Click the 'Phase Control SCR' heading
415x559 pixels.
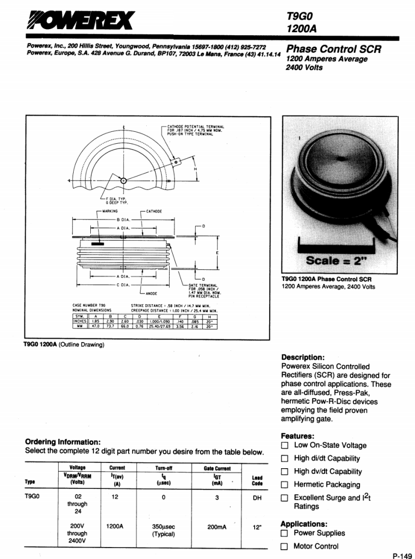334,49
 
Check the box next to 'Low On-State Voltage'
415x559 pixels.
284,445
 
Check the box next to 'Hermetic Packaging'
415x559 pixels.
284,485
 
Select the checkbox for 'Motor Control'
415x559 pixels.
284,546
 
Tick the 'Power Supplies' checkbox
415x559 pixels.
284,533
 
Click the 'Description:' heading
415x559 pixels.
302,357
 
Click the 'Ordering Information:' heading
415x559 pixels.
63,442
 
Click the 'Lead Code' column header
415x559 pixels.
257,481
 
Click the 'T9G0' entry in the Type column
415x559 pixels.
33,497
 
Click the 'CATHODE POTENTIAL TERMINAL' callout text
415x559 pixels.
196,126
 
